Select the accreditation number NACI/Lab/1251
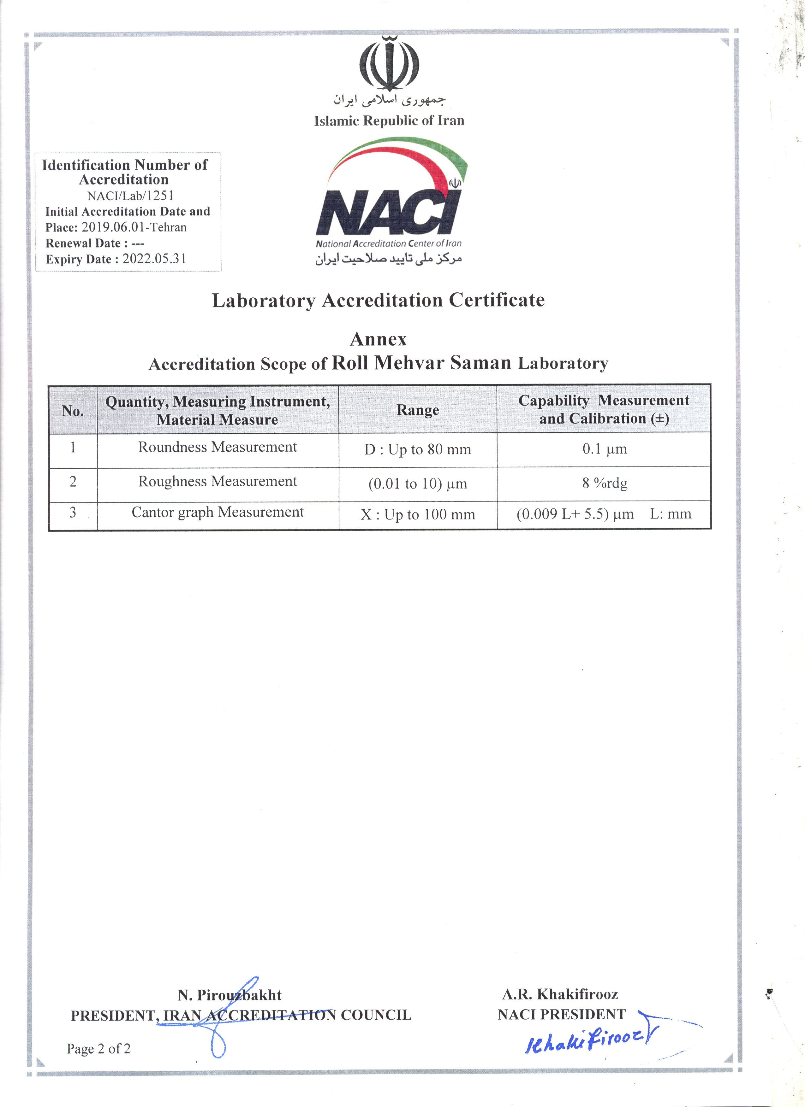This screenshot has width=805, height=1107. tap(130, 196)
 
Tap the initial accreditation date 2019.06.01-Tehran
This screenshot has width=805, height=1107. tap(134, 227)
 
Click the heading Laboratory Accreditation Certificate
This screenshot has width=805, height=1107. tap(378, 300)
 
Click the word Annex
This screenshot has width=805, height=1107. tap(379, 339)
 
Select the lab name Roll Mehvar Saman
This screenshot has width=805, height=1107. tap(421, 363)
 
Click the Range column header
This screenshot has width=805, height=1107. tap(418, 410)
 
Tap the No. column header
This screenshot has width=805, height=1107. tap(73, 411)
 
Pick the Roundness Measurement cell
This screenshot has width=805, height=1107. tap(218, 447)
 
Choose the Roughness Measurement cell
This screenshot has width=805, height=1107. tap(218, 482)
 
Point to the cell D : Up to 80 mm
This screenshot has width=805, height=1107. tap(418, 449)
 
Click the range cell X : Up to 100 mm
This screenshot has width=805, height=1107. tap(418, 514)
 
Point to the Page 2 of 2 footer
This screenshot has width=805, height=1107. tap(99, 1048)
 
